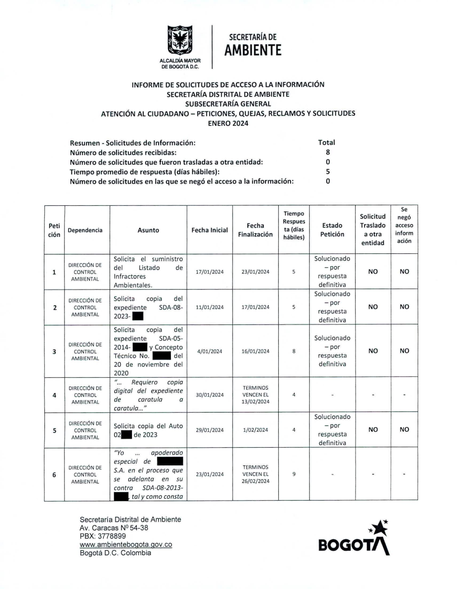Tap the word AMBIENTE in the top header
tap(253, 50)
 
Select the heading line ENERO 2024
tap(228, 123)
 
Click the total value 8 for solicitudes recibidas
tap(328, 152)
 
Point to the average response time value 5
tap(328, 172)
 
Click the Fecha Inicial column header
tap(209, 230)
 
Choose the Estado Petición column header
tap(332, 230)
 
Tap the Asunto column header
tap(148, 230)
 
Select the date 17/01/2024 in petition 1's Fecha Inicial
tap(209, 272)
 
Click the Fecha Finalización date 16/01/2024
tap(255, 351)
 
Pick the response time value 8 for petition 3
tap(294, 351)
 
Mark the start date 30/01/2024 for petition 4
tap(209, 395)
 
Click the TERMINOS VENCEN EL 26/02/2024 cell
tap(255, 474)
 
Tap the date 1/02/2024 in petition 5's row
tap(255, 430)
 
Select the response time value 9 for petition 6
tap(294, 474)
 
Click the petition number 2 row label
tap(54, 307)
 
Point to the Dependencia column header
tap(85, 230)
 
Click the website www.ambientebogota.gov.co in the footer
tap(126, 545)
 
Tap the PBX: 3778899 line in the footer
tap(102, 536)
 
